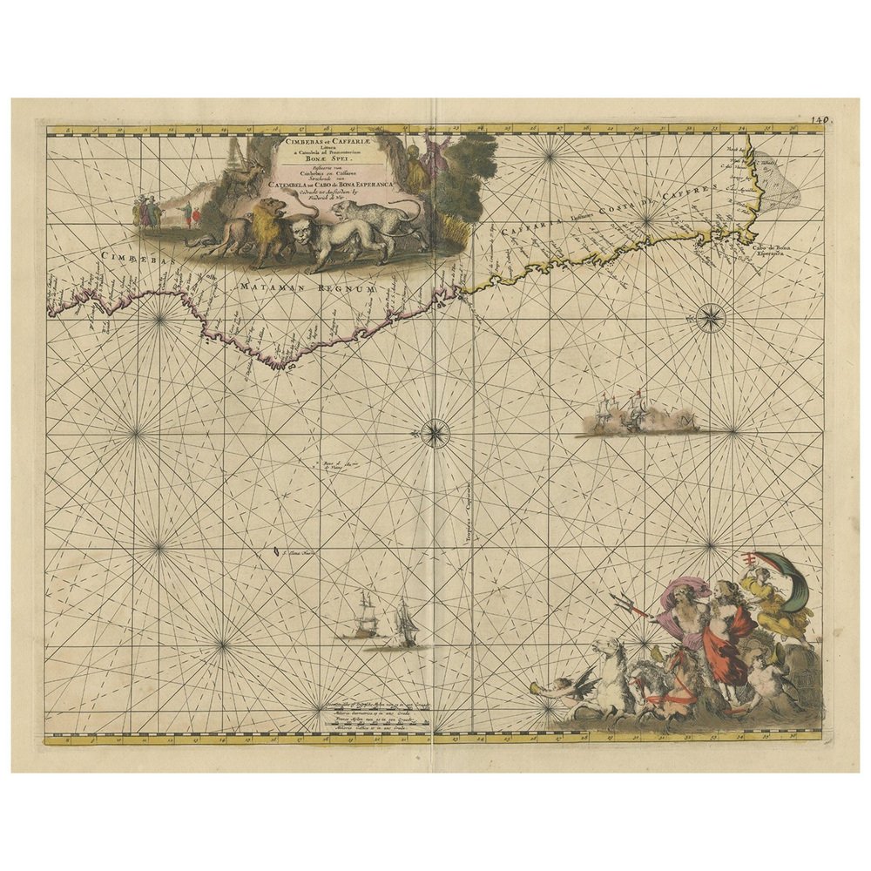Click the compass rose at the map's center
435,432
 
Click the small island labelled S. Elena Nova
276,550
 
